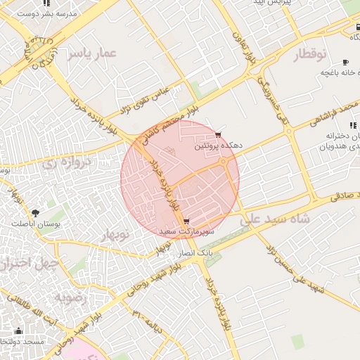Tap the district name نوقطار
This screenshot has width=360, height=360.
pyautogui.click(x=302, y=53)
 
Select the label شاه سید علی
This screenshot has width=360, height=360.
pyautogui.click(x=274, y=219)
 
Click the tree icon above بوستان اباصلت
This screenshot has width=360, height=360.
pyautogui.click(x=35, y=211)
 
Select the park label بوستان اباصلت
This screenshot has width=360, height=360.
pyautogui.click(x=31, y=223)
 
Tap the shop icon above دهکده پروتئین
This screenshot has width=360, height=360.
pyautogui.click(x=218, y=134)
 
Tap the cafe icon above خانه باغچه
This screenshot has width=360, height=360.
pyautogui.click(x=345, y=61)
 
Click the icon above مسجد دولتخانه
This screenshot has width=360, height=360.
pyautogui.click(x=18, y=331)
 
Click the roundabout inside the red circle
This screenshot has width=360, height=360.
pyautogui.click(x=224, y=162)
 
